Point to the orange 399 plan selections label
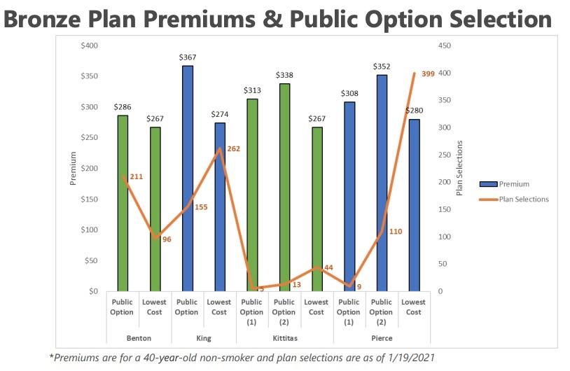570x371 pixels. tap(426, 73)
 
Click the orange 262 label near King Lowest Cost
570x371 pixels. tap(234, 148)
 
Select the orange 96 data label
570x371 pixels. tap(166, 239)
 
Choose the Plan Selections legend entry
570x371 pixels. tap(524, 199)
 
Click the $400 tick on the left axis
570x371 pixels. tap(89, 45)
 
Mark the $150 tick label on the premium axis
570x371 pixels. tap(89, 199)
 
